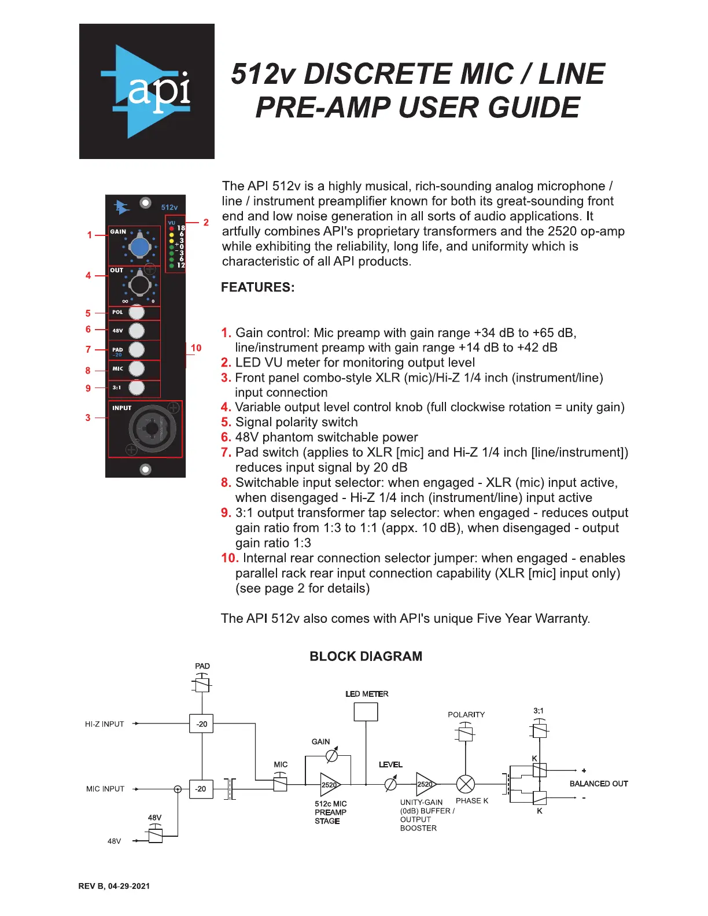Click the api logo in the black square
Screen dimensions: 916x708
click(x=147, y=91)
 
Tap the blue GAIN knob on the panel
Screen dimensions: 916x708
click(x=139, y=247)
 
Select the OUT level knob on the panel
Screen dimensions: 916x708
click(x=139, y=285)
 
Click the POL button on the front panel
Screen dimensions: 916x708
click(x=137, y=312)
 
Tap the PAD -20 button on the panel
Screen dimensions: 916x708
click(x=137, y=350)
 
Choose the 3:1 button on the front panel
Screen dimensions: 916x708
click(x=137, y=387)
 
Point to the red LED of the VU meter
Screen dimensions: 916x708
click(x=171, y=228)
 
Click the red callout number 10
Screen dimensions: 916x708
click(x=196, y=348)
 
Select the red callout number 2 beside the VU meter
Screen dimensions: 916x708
click(x=206, y=222)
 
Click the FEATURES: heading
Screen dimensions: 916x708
click(x=258, y=287)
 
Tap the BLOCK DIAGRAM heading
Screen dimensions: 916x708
click(x=366, y=656)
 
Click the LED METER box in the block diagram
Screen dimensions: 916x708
click(x=366, y=712)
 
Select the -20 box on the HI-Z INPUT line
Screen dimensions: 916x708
click(x=202, y=724)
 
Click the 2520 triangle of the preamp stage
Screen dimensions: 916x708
click(x=330, y=785)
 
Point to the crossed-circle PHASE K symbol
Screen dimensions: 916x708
click(x=466, y=784)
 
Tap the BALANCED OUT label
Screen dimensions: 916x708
click(x=599, y=784)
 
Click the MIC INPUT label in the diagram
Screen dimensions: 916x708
click(x=105, y=789)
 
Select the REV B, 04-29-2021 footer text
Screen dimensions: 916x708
click(x=114, y=886)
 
